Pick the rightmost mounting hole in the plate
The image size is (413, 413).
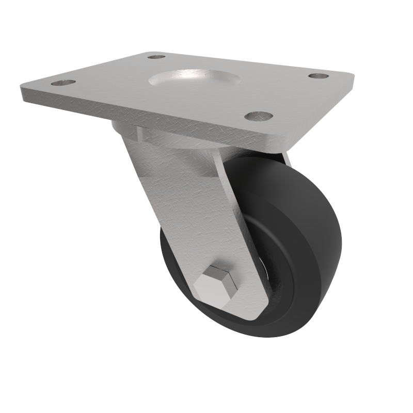[x=319, y=76]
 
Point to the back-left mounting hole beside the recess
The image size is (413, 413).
[x=156, y=56]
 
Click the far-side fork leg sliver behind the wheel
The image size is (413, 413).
[x=285, y=158]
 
